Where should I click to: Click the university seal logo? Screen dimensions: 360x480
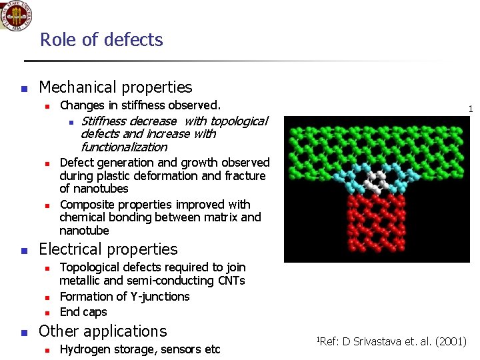17,15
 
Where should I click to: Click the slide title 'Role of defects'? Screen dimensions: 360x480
101,40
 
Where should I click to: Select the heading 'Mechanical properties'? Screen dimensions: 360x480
115,87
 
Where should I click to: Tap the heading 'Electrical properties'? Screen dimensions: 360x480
108,249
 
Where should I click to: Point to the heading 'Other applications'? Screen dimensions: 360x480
103,331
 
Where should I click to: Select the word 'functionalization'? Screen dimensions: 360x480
123,147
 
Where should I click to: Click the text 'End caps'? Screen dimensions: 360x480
83,312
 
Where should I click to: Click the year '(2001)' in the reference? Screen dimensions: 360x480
451,343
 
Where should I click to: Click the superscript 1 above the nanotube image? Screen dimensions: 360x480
470,109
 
